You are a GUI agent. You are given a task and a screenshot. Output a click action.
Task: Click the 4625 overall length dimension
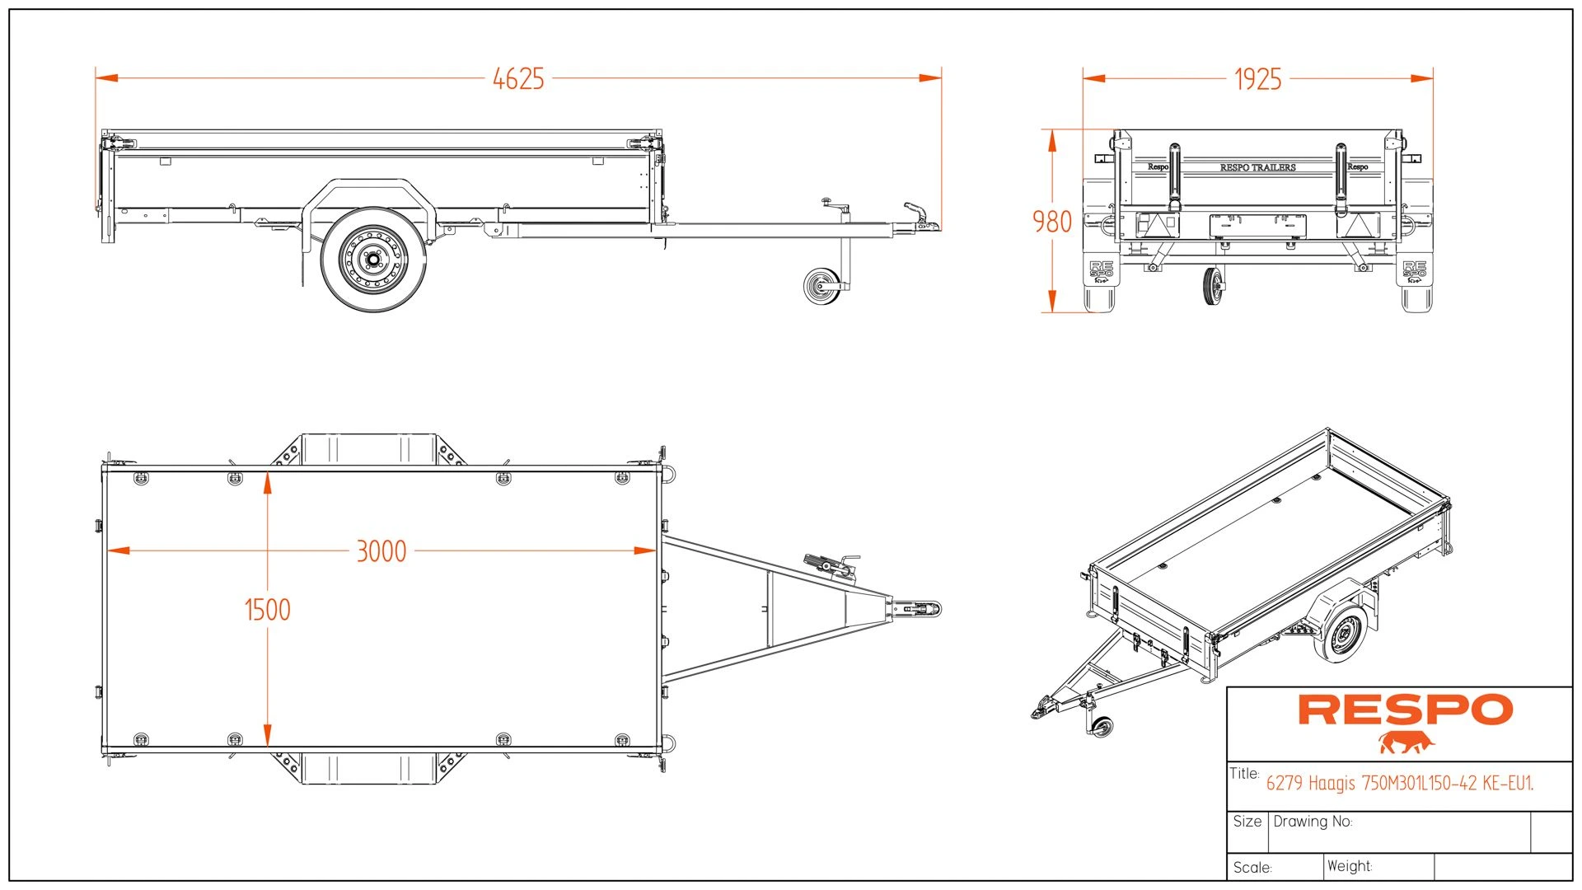coord(518,79)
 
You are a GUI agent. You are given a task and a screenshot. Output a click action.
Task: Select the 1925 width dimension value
coord(1257,79)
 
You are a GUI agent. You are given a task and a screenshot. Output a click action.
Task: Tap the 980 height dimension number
coord(1052,222)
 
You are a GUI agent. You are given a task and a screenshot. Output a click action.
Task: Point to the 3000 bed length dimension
coord(381,551)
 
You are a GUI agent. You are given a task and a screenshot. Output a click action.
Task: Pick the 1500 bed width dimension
coord(268,610)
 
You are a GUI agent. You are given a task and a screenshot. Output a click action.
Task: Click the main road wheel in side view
coord(373,260)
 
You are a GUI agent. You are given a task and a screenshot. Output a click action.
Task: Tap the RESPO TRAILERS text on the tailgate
coord(1257,167)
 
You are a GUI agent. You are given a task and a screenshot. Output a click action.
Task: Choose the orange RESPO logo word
coord(1406,710)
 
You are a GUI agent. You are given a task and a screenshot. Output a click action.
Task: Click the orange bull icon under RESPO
coord(1406,742)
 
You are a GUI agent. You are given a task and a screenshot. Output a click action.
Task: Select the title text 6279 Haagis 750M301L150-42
coord(1399,783)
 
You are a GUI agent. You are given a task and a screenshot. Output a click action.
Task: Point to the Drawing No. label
coord(1313,822)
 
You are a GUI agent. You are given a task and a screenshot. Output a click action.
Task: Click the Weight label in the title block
coord(1349,866)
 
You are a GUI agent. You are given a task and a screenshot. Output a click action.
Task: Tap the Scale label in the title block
coord(1252,867)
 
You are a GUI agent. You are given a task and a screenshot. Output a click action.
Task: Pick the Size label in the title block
coord(1247,822)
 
